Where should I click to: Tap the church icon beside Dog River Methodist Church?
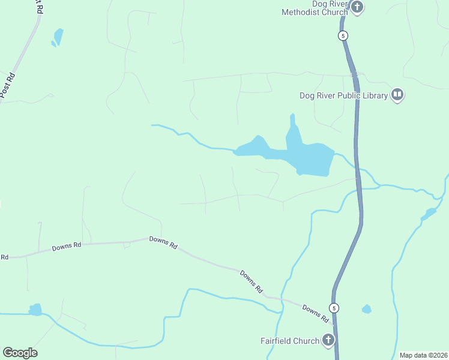pyautogui.click(x=357, y=8)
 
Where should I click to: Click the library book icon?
pyautogui.click(x=397, y=95)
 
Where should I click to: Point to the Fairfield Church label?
pyautogui.click(x=289, y=341)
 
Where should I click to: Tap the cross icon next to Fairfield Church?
pyautogui.click(x=328, y=341)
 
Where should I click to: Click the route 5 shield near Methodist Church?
pyautogui.click(x=343, y=35)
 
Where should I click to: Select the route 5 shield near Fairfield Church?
pyautogui.click(x=334, y=308)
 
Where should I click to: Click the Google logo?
pyautogui.click(x=20, y=353)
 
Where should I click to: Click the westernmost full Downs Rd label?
pyautogui.click(x=66, y=246)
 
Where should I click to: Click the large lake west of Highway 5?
pyautogui.click(x=309, y=157)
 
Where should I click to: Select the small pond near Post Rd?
pyautogui.click(x=58, y=37)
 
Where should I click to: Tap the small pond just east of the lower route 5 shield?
pyautogui.click(x=366, y=309)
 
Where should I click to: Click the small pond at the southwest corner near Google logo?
pyautogui.click(x=36, y=310)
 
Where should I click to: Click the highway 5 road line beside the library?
pyautogui.click(x=358, y=120)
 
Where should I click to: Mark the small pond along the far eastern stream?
pyautogui.click(x=430, y=213)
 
